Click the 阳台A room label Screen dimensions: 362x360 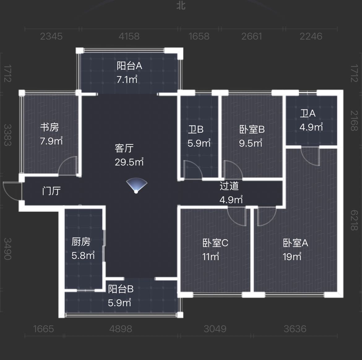[129, 66]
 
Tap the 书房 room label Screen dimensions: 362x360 [50, 127]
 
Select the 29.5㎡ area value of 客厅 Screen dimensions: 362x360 [129, 162]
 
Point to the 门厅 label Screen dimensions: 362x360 [51, 191]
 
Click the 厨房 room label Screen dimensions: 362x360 [81, 242]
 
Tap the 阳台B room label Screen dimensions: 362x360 [121, 289]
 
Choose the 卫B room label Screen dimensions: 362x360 [196, 130]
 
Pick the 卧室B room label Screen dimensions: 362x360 [252, 130]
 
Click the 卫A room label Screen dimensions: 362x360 [308, 113]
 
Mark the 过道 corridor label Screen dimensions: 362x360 [229, 186]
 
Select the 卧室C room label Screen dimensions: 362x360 [215, 243]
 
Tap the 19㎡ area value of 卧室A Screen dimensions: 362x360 [292, 257]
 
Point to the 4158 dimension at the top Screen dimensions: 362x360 [129, 36]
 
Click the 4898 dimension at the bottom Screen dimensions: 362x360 [121, 329]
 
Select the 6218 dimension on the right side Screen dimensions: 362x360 [354, 220]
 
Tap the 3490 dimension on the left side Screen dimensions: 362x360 [8, 249]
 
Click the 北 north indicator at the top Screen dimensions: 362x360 [181, 6]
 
